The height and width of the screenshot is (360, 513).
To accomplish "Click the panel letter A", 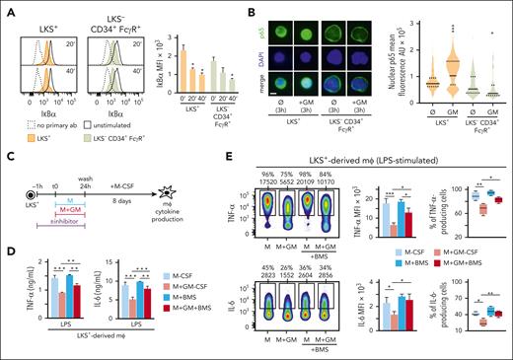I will coord(7,7).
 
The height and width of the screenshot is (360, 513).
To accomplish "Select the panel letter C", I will coord(7,152).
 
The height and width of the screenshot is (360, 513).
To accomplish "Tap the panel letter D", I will coord(7,231).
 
